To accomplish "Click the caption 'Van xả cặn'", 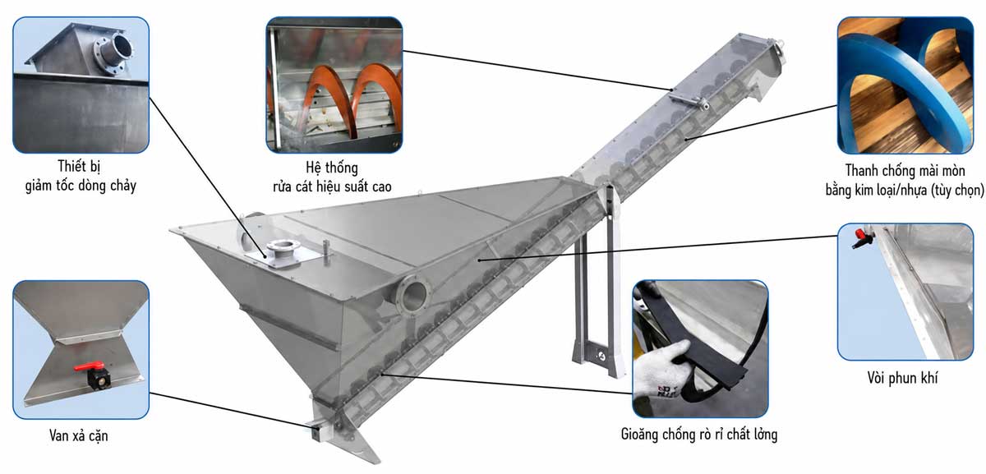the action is click(78, 435).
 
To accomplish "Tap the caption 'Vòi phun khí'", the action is click(902, 378).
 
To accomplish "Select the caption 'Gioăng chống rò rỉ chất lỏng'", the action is click(699, 435).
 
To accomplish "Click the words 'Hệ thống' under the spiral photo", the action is click(332, 168).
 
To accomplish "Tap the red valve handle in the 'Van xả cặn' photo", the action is click(89, 366).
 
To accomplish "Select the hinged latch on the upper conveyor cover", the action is click(689, 99).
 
